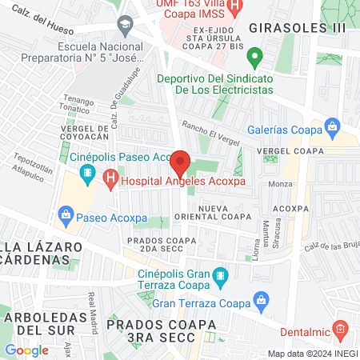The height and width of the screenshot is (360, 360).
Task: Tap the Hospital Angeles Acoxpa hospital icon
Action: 111,182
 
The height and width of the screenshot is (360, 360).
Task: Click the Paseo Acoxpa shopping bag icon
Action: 65,214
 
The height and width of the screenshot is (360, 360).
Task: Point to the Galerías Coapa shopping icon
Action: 334,126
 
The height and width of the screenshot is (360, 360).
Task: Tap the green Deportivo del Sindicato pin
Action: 254,57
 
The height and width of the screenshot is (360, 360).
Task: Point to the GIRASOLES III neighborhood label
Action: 298,27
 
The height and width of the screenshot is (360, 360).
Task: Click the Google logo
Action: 26,349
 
